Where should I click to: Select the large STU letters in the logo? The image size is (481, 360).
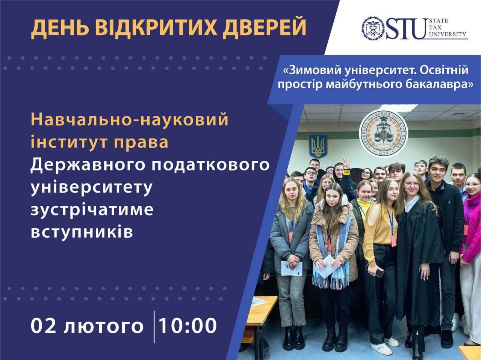pos(405,29)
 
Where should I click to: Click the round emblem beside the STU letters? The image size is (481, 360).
pos(373,29)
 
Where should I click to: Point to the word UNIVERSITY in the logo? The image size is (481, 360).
pos(448,34)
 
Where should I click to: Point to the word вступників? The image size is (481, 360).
pos(82,232)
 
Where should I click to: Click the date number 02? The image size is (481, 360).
pos(43,325)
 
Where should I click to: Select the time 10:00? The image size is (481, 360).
pos(188,325)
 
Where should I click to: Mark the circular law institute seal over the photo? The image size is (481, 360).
pos(384,134)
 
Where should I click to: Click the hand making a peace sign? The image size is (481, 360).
pos(346,164)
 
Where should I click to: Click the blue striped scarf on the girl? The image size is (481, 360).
pos(331,258)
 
